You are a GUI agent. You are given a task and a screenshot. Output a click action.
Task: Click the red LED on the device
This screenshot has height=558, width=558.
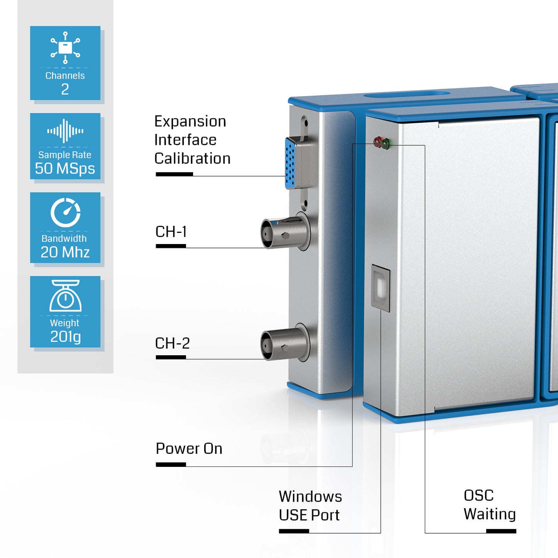(x=378, y=142)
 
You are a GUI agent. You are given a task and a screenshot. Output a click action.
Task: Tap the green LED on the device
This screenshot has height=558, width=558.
(x=386, y=144)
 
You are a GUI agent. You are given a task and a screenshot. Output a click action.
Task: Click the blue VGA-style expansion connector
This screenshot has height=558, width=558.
(x=290, y=164)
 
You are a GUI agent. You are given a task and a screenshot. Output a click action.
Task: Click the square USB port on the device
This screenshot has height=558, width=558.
(x=381, y=287)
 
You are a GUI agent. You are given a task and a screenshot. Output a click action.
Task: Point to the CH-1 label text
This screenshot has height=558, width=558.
(x=171, y=232)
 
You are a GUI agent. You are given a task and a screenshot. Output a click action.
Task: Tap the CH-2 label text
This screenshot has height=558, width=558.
(x=172, y=343)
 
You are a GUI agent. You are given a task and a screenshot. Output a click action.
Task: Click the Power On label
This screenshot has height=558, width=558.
(x=189, y=449)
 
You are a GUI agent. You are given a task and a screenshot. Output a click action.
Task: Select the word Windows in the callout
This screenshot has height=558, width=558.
(x=310, y=497)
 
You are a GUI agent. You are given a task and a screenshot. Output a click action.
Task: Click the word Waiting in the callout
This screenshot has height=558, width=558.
(x=490, y=514)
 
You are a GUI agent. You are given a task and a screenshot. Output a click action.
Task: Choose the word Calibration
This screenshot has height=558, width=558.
(x=192, y=159)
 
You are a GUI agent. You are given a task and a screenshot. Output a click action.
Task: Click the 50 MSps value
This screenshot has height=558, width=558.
(x=65, y=169)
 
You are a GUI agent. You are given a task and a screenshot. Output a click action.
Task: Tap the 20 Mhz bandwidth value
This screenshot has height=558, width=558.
(x=65, y=252)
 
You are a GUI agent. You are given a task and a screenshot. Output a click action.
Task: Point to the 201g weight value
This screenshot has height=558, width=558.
(x=65, y=337)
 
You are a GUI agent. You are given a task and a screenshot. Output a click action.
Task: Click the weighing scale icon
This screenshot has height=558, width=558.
(x=65, y=296)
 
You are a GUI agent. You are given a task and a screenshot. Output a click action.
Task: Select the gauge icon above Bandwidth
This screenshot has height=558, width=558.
(x=65, y=212)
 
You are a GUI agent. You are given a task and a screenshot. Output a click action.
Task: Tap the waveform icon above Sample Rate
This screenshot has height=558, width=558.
(x=65, y=131)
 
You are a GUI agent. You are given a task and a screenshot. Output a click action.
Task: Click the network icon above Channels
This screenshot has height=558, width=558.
(x=65, y=47)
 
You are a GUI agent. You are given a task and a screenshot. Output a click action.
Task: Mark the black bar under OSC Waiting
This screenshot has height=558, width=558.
(x=501, y=531)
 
